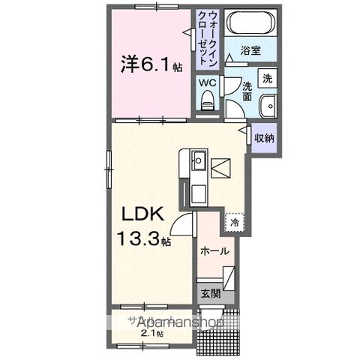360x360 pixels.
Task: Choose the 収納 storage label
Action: point(263,138)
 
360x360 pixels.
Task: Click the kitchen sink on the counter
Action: point(198,160)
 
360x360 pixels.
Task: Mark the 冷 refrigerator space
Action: point(234,222)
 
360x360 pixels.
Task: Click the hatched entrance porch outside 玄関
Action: point(220,334)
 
